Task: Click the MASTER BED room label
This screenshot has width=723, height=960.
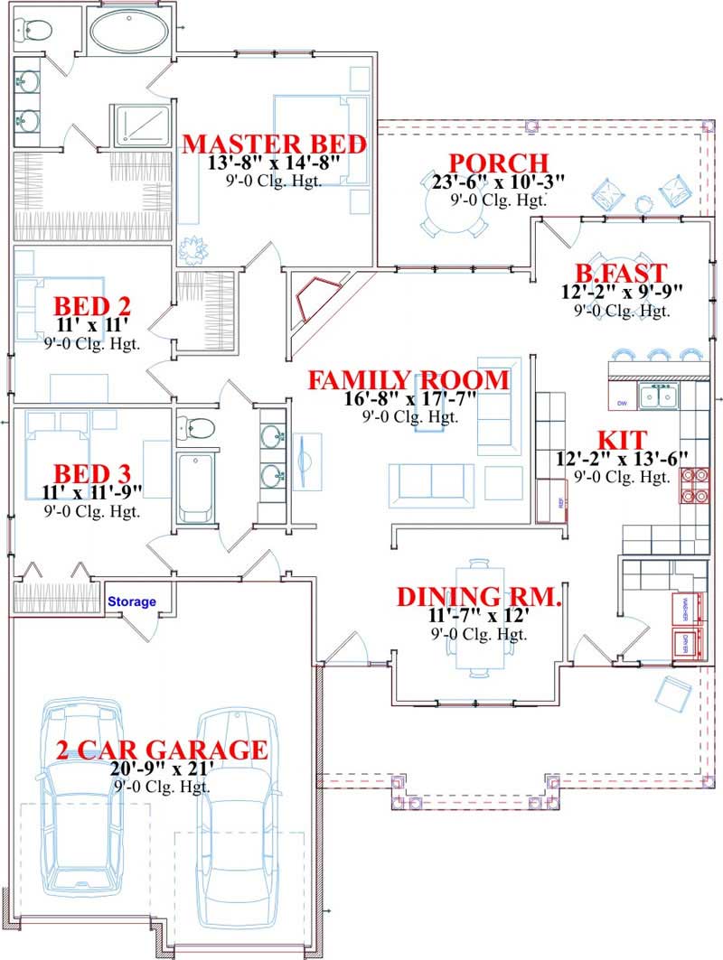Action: pos(275,144)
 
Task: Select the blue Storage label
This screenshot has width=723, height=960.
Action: pos(132,601)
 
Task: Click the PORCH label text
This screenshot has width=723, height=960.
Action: pos(498,163)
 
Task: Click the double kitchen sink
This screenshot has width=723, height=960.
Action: pos(656,396)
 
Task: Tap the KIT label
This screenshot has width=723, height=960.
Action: pos(623,440)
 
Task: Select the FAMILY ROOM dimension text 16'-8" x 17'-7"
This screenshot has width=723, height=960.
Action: pos(408,399)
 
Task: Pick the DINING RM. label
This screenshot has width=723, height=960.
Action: pos(480,597)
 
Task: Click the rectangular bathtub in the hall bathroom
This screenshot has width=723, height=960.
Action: pos(194,488)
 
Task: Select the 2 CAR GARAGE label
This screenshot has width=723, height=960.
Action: pos(162,750)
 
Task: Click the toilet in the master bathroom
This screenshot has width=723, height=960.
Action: pos(33,30)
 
